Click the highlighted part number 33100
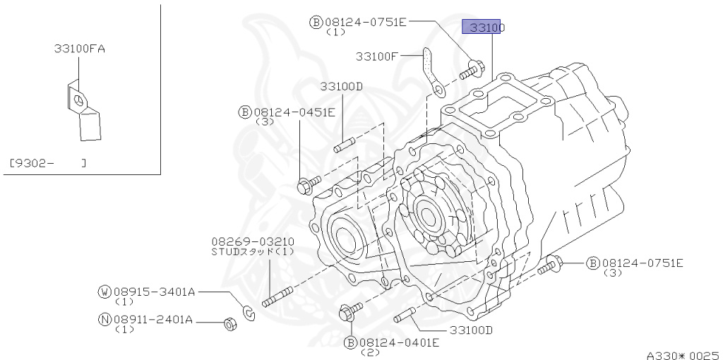pos(484,28)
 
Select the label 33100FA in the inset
pos(78,49)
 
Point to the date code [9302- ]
pos(48,163)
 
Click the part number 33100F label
pos(387,56)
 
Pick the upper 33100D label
pos(340,86)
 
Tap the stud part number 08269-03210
pos(252,241)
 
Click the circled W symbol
pos(104,291)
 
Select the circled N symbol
pos(104,318)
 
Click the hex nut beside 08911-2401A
pos(229,323)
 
